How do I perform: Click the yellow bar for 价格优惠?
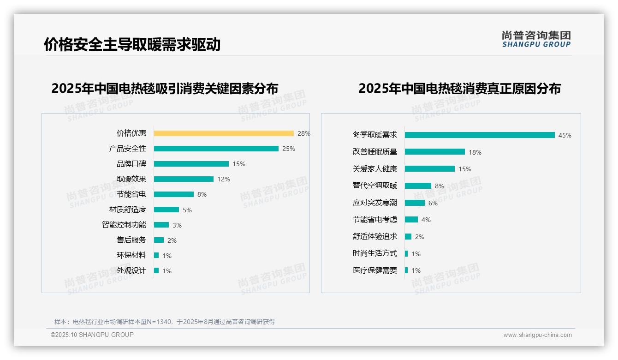click(224, 133)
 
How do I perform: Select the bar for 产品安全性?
click(216, 149)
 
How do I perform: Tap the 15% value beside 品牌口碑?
click(239, 164)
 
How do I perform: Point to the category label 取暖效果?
click(131, 179)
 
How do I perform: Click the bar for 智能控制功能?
click(161, 225)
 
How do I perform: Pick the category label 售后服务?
click(131, 240)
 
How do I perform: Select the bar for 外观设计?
click(156, 270)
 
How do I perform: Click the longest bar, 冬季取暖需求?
click(480, 135)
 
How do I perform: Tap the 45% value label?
click(565, 136)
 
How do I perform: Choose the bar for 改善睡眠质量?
click(435, 152)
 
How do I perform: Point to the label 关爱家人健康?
click(375, 169)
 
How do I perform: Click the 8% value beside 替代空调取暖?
click(440, 186)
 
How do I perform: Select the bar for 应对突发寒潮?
click(415, 203)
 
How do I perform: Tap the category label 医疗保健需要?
click(375, 270)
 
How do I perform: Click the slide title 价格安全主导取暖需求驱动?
click(132, 44)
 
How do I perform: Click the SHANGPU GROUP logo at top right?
click(536, 39)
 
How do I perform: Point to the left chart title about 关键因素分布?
click(165, 89)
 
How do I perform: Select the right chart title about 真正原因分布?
click(459, 89)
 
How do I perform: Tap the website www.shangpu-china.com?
click(537, 335)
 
